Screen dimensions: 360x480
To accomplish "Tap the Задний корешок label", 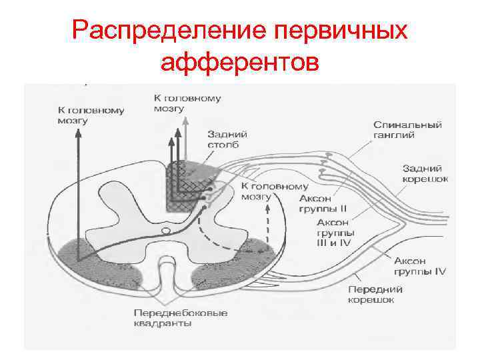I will pos(425,173).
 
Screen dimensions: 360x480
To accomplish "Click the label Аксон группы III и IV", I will pos(335,233).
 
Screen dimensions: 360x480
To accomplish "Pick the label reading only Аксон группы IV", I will pos(419,266).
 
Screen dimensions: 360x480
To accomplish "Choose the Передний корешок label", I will pos(371,295).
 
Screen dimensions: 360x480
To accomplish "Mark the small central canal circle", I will pos(165,231).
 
